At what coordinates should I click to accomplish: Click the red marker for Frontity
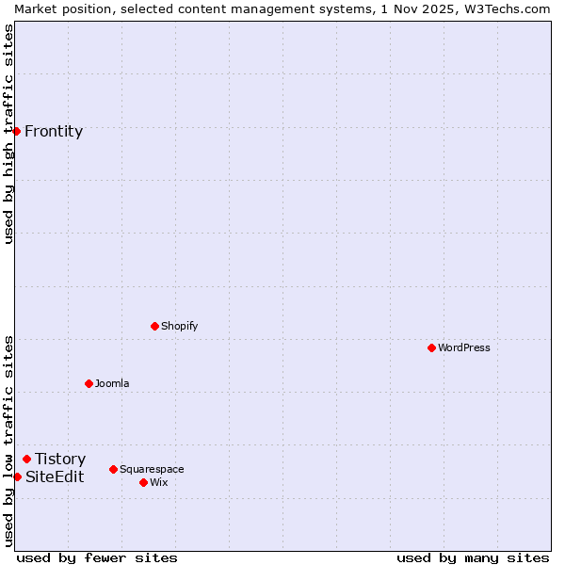pos(17,131)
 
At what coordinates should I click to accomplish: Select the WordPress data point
pos(431,347)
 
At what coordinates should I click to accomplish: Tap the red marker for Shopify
pos(154,326)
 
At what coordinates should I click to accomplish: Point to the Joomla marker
pos(89,383)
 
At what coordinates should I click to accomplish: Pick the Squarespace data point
pos(113,469)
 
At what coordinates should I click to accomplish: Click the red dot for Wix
pos(143,482)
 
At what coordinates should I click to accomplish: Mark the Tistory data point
pos(26,459)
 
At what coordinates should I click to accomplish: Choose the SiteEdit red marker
pos(17,476)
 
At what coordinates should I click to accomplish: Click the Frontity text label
pos(54,131)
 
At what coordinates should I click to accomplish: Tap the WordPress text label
pos(464,347)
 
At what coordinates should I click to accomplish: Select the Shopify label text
pos(180,326)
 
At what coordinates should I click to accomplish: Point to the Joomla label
pos(112,383)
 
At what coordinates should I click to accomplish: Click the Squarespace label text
pos(152,469)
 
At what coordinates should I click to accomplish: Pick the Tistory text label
pos(60,459)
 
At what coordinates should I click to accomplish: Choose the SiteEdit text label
pos(55,476)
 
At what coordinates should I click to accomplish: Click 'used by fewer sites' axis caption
pos(97,557)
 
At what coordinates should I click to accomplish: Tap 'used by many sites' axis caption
pos(473,557)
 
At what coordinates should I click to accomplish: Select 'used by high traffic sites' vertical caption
pos(8,134)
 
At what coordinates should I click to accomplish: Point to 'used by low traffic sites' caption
pos(8,440)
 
